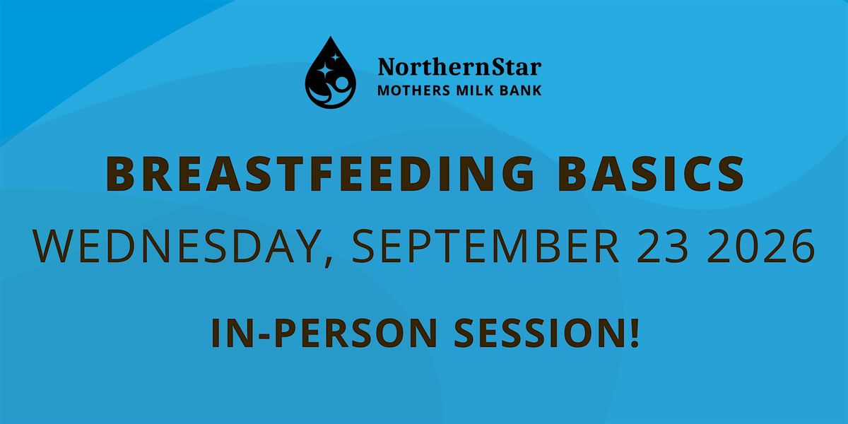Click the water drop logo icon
click(x=331, y=73)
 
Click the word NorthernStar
click(x=459, y=67)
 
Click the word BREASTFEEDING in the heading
click(x=320, y=173)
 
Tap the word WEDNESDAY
click(x=175, y=246)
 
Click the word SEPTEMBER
click(x=485, y=246)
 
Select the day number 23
click(x=662, y=246)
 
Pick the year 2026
click(x=760, y=246)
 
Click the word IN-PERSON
click(x=324, y=333)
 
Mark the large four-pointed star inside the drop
click(x=324, y=71)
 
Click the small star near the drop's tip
click(x=335, y=57)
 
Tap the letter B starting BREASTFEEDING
click(x=119, y=173)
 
